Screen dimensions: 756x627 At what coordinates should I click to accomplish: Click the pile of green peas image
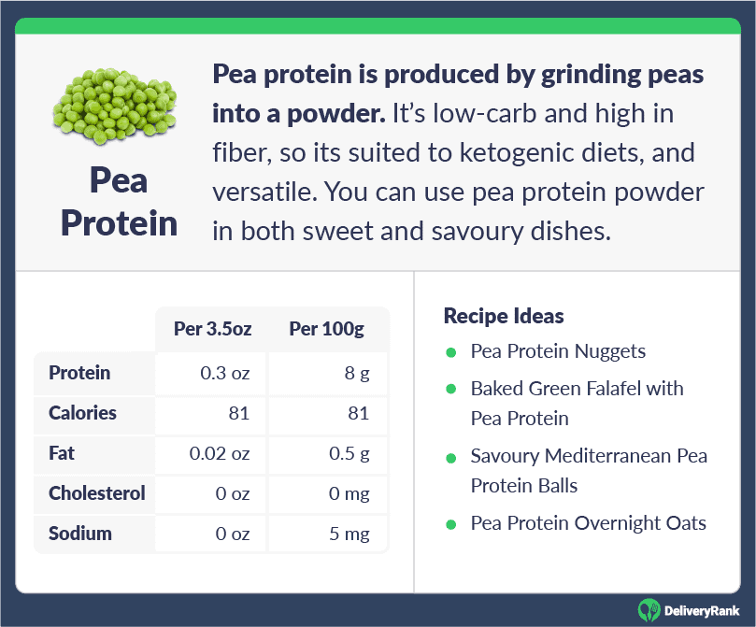(115, 106)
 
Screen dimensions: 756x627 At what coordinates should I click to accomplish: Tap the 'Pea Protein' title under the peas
(119, 202)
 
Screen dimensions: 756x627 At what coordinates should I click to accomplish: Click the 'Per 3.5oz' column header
(213, 329)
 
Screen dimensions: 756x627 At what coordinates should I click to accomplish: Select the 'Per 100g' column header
(326, 329)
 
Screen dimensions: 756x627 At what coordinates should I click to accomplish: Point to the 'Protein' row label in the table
(79, 373)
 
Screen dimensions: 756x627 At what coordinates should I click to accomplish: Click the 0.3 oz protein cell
(224, 373)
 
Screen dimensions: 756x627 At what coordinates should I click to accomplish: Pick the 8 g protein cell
(357, 373)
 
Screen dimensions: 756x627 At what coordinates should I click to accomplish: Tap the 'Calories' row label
(82, 413)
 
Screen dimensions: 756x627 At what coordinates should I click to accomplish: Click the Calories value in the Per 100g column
(358, 414)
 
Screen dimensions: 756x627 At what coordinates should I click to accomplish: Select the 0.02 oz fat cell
(220, 453)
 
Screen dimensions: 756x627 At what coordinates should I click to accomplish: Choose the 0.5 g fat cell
(349, 453)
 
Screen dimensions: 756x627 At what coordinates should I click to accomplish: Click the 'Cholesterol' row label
(97, 493)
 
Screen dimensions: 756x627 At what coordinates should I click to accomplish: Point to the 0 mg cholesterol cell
(349, 493)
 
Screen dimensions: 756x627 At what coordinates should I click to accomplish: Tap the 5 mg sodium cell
(349, 534)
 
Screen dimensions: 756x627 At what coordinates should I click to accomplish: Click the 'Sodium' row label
(80, 534)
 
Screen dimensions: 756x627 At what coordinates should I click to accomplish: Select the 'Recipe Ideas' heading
(504, 316)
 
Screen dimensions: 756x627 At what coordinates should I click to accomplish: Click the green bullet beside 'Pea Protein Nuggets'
(451, 353)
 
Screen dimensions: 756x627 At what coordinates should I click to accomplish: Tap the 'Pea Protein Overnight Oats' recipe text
(588, 523)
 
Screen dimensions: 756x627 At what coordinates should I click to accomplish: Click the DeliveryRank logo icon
(649, 610)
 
